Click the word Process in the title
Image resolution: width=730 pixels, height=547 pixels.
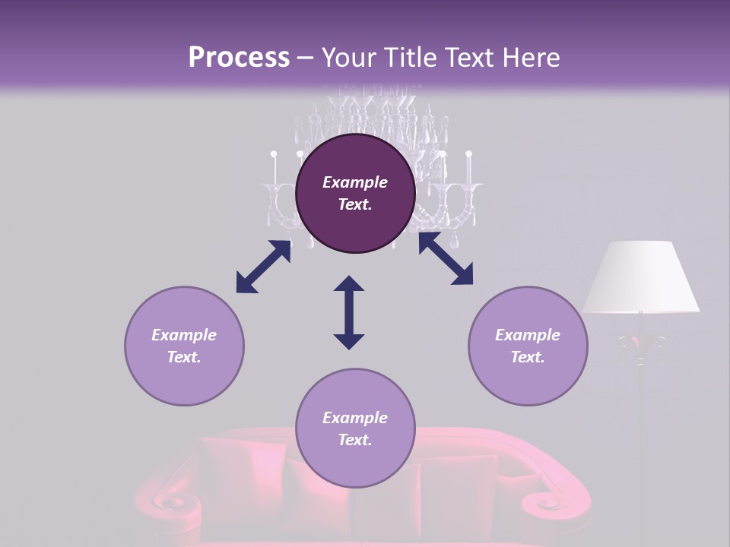tap(239, 58)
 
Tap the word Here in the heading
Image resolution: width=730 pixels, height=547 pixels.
tap(528, 58)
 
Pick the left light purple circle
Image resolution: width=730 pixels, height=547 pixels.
tap(184, 346)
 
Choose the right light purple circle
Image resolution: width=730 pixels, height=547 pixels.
tap(528, 346)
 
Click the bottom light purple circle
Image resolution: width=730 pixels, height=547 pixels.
tap(355, 428)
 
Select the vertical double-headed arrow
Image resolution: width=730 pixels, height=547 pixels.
tap(349, 312)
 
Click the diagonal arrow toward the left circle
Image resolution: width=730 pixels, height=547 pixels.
tap(263, 267)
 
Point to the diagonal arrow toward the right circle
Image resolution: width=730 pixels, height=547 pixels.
tap(446, 258)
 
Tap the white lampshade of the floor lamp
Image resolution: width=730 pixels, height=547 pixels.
tap(641, 277)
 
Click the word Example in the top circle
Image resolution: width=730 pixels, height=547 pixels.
tap(355, 182)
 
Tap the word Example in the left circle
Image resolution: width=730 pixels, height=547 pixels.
tap(184, 335)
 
